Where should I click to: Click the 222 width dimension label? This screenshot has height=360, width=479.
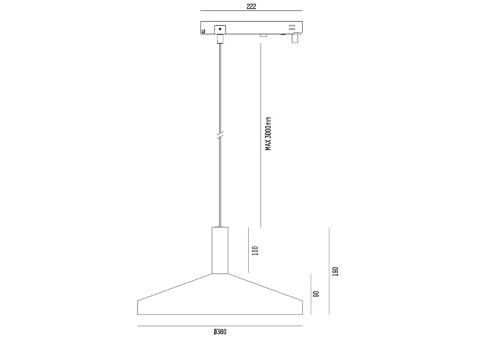click(251, 7)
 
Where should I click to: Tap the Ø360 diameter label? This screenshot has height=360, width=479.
click(220, 332)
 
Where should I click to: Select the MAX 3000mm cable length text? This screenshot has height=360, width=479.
click(268, 134)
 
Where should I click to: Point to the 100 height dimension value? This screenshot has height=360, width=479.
click(255, 250)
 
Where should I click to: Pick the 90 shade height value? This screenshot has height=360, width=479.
click(316, 294)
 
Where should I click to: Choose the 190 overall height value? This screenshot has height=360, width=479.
click(335, 271)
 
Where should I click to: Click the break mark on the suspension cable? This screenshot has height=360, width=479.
click(220, 135)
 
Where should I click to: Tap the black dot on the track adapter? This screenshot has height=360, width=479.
click(220, 29)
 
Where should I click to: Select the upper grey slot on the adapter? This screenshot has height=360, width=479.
click(292, 26)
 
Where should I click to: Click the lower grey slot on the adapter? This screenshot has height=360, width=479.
click(292, 29)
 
